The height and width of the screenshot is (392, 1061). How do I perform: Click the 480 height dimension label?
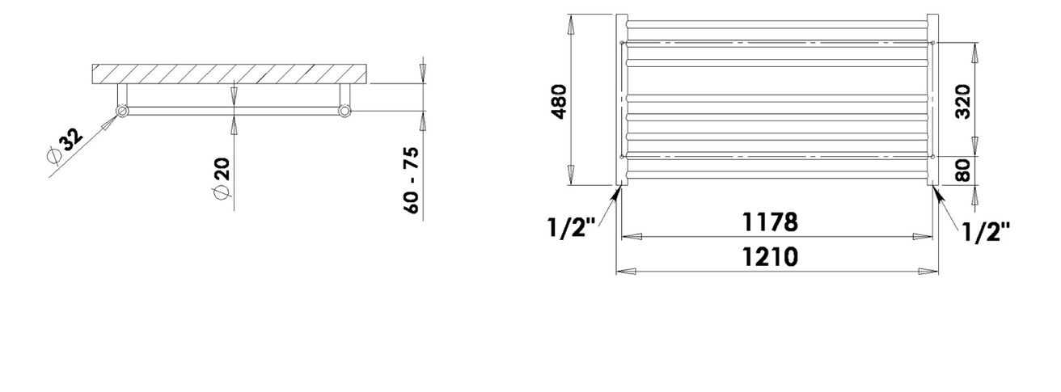point(560,101)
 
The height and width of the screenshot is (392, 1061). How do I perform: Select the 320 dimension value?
point(963,101)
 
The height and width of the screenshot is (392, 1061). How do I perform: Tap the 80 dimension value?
point(963,170)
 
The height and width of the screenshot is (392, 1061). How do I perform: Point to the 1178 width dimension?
point(770,222)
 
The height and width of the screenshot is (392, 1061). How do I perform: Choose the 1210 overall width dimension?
point(770,257)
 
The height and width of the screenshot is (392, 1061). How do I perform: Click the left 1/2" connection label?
point(571,228)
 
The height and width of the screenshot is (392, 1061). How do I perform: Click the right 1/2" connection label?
point(986,232)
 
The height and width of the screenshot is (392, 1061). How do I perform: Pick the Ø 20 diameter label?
point(222,179)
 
